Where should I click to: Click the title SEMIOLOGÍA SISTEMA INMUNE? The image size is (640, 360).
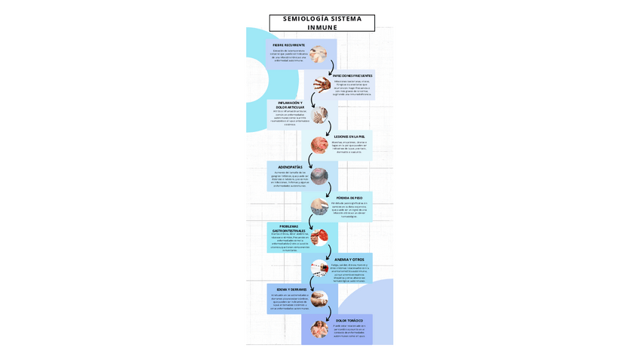click(x=322, y=23)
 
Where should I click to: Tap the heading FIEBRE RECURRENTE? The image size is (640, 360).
click(x=289, y=45)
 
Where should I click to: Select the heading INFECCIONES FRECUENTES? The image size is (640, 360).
click(x=352, y=75)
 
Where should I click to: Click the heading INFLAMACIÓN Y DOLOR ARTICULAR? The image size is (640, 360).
click(x=290, y=105)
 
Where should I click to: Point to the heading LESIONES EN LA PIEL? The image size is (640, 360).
click(x=349, y=137)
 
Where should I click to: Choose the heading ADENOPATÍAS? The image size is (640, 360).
click(x=290, y=167)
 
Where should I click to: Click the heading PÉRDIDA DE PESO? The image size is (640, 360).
click(x=349, y=198)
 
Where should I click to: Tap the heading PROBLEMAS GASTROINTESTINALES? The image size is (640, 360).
click(x=288, y=228)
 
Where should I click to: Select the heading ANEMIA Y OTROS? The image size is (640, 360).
click(x=349, y=259)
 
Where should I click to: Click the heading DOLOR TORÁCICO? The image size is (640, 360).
click(x=349, y=320)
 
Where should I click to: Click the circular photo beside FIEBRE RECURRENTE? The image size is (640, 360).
click(x=318, y=54)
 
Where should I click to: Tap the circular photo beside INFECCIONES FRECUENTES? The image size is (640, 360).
click(x=322, y=85)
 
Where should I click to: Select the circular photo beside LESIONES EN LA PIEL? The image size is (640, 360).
click(x=319, y=144)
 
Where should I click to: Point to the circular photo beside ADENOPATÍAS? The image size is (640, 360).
click(x=319, y=176)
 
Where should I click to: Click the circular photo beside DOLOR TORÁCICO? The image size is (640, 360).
click(x=319, y=328)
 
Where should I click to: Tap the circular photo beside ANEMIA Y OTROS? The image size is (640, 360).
click(x=319, y=267)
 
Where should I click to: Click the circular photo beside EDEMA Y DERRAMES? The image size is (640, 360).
click(x=319, y=298)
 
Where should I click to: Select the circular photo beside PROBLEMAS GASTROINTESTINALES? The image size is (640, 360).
click(x=319, y=237)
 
